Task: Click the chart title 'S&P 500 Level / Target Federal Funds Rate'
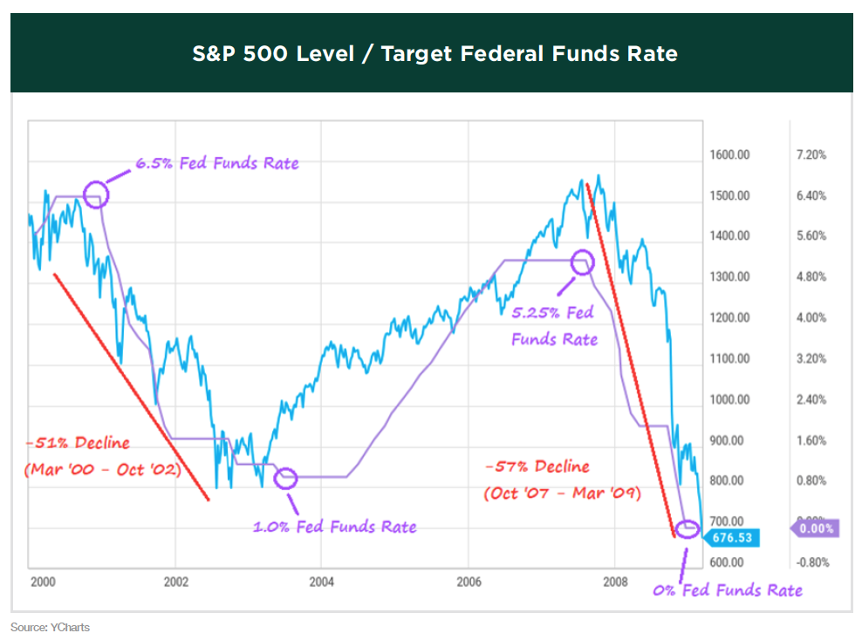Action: (434, 54)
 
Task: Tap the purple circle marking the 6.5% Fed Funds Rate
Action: (96, 194)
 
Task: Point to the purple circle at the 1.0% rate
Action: (286, 477)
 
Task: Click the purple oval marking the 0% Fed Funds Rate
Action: (688, 528)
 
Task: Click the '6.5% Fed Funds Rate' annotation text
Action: (216, 163)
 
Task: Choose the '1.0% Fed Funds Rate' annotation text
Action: (334, 527)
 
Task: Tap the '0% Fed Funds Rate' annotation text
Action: (728, 590)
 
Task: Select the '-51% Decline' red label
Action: (78, 443)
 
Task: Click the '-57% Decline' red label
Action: (537, 466)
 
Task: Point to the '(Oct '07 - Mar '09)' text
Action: (563, 493)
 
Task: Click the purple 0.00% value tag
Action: (816, 528)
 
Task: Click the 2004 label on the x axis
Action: (321, 581)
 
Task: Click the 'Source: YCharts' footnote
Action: (50, 627)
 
